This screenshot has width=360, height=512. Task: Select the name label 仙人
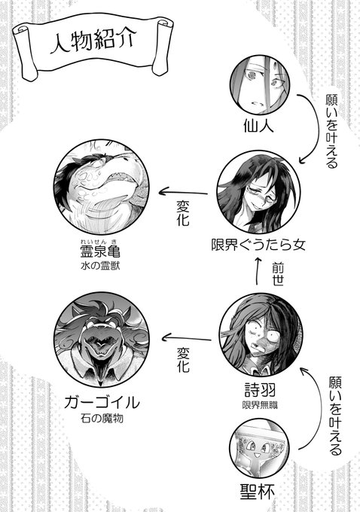[259, 126]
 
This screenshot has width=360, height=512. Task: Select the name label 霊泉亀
[100, 251]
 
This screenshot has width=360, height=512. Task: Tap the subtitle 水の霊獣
[100, 266]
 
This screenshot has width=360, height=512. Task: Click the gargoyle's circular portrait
[102, 340]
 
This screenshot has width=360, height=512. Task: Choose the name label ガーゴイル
[102, 402]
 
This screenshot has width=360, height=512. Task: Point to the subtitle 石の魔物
[102, 419]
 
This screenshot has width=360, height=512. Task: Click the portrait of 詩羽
[261, 334]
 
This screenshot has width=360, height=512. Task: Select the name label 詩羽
[261, 389]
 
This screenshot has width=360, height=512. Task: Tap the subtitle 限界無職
[260, 405]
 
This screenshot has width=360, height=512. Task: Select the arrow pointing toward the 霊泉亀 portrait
[183, 192]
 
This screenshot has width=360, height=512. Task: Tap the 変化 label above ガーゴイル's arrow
[183, 359]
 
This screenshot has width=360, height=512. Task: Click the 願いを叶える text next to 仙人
[332, 132]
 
